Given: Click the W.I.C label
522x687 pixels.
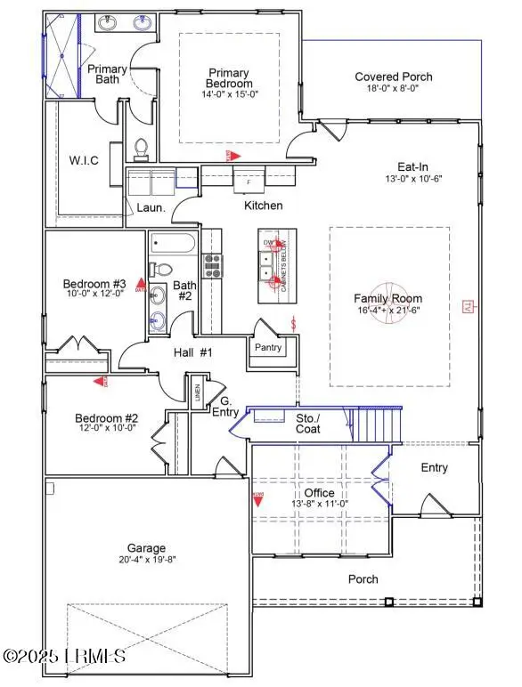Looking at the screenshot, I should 84,160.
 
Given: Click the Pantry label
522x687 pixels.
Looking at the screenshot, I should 268,348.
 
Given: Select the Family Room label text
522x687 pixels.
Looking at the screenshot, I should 387,299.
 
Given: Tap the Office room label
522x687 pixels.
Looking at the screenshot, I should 319,492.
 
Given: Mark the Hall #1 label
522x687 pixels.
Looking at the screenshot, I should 193,353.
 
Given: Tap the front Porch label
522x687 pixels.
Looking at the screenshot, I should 363,579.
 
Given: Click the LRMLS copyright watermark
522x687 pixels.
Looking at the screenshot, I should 64,657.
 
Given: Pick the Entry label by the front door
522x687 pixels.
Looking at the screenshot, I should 435,468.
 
